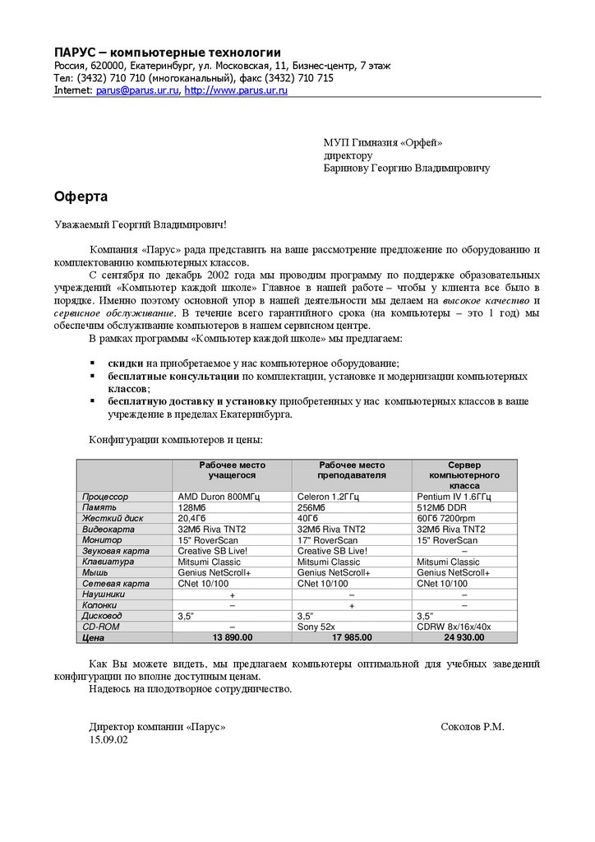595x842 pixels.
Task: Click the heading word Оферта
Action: point(81,197)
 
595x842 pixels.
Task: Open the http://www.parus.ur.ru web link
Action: point(236,90)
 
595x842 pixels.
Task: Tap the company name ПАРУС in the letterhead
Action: point(78,53)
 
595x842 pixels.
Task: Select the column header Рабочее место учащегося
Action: point(233,470)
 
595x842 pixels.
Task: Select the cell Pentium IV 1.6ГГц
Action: point(454,497)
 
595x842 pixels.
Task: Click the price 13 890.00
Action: point(233,636)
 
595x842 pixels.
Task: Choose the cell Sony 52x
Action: point(319,627)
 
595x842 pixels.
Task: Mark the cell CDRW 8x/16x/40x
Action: point(454,627)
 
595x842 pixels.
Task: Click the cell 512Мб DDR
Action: point(445,508)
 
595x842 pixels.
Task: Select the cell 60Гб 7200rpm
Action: point(450,519)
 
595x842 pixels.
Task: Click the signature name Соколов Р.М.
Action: point(473,727)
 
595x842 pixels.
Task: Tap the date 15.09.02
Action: point(108,739)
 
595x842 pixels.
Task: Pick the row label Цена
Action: point(94,636)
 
